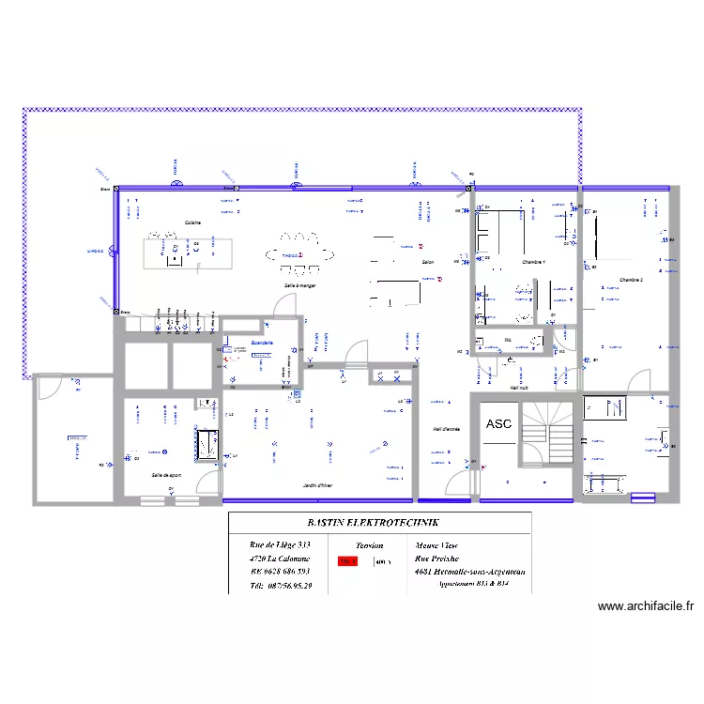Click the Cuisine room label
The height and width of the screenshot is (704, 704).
coord(192,222)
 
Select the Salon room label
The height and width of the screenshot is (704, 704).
coord(428,264)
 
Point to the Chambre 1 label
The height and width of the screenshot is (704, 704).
coord(534,263)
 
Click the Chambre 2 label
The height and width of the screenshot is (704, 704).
coord(631,280)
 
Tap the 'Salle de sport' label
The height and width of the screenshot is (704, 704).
coord(166,475)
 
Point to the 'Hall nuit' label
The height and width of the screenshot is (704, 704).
coord(519,386)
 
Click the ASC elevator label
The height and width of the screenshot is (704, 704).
coord(498,424)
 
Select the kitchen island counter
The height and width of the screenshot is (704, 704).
coord(184,253)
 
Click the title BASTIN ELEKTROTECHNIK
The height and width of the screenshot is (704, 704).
coord(379,524)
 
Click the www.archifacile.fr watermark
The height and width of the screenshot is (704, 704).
coord(645,607)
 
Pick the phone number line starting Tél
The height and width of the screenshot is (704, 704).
coord(281,586)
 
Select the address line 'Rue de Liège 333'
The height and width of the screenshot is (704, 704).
coord(280,544)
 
